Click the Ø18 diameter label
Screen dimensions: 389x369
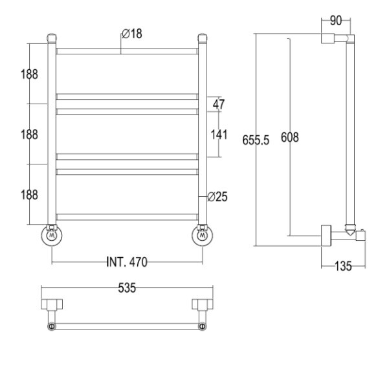coord(132,34)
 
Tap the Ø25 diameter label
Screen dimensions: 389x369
coord(217,197)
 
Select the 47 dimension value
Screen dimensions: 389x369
coord(219,104)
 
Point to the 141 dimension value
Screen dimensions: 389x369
coord(219,135)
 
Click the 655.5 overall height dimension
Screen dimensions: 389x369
coord(256,140)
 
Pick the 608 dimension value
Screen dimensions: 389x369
coord(290,137)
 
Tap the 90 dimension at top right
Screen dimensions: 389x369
coord(336,21)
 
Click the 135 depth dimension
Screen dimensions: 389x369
coord(343,266)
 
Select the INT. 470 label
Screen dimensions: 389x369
coord(127,262)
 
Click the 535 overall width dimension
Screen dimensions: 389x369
coord(127,288)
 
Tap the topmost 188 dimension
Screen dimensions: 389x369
coord(29,74)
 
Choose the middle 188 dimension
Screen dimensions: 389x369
coord(29,135)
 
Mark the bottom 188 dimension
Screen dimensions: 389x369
coord(29,195)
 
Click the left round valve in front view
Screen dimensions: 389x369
coord(52,235)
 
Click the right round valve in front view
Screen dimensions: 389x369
coord(202,235)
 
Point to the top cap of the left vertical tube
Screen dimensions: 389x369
coord(52,38)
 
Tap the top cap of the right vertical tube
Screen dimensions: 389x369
coord(203,38)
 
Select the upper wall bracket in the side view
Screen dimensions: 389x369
coord(328,38)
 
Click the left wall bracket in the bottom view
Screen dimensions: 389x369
coord(52,304)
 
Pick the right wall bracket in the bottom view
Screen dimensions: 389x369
coord(203,304)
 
